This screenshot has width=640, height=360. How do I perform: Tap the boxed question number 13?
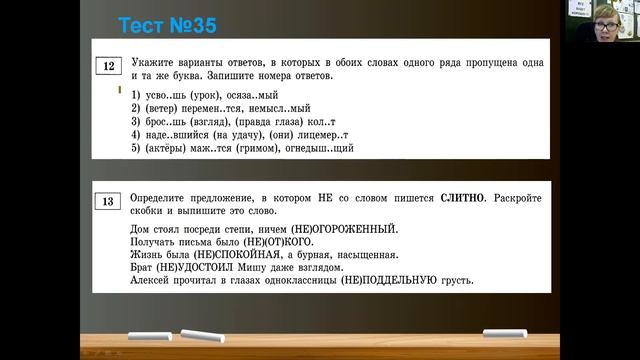coord(106,202)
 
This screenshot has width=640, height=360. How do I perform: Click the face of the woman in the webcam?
coord(605,25)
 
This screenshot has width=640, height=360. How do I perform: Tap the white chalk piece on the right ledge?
coord(504,334)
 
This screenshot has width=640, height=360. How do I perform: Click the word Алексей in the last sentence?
coord(152,281)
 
